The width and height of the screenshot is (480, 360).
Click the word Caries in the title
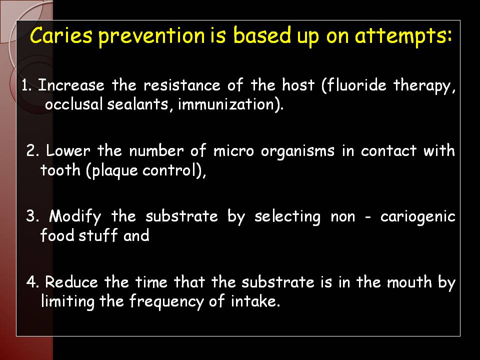click(x=61, y=35)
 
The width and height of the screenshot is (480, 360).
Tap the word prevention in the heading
click(x=151, y=36)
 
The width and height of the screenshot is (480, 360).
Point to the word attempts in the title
click(x=403, y=36)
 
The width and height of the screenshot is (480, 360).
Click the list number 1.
click(x=26, y=85)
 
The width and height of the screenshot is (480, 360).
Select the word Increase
click(x=71, y=85)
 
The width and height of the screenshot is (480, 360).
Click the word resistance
click(x=182, y=85)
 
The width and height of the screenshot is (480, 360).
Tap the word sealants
click(x=137, y=104)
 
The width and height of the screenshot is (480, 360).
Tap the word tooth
click(x=60, y=169)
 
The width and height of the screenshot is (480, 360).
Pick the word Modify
click(x=75, y=217)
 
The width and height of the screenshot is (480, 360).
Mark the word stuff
click(x=98, y=235)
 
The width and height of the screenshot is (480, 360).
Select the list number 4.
click(x=32, y=282)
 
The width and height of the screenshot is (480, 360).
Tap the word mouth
click(x=409, y=281)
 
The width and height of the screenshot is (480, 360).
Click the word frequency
click(x=166, y=302)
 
